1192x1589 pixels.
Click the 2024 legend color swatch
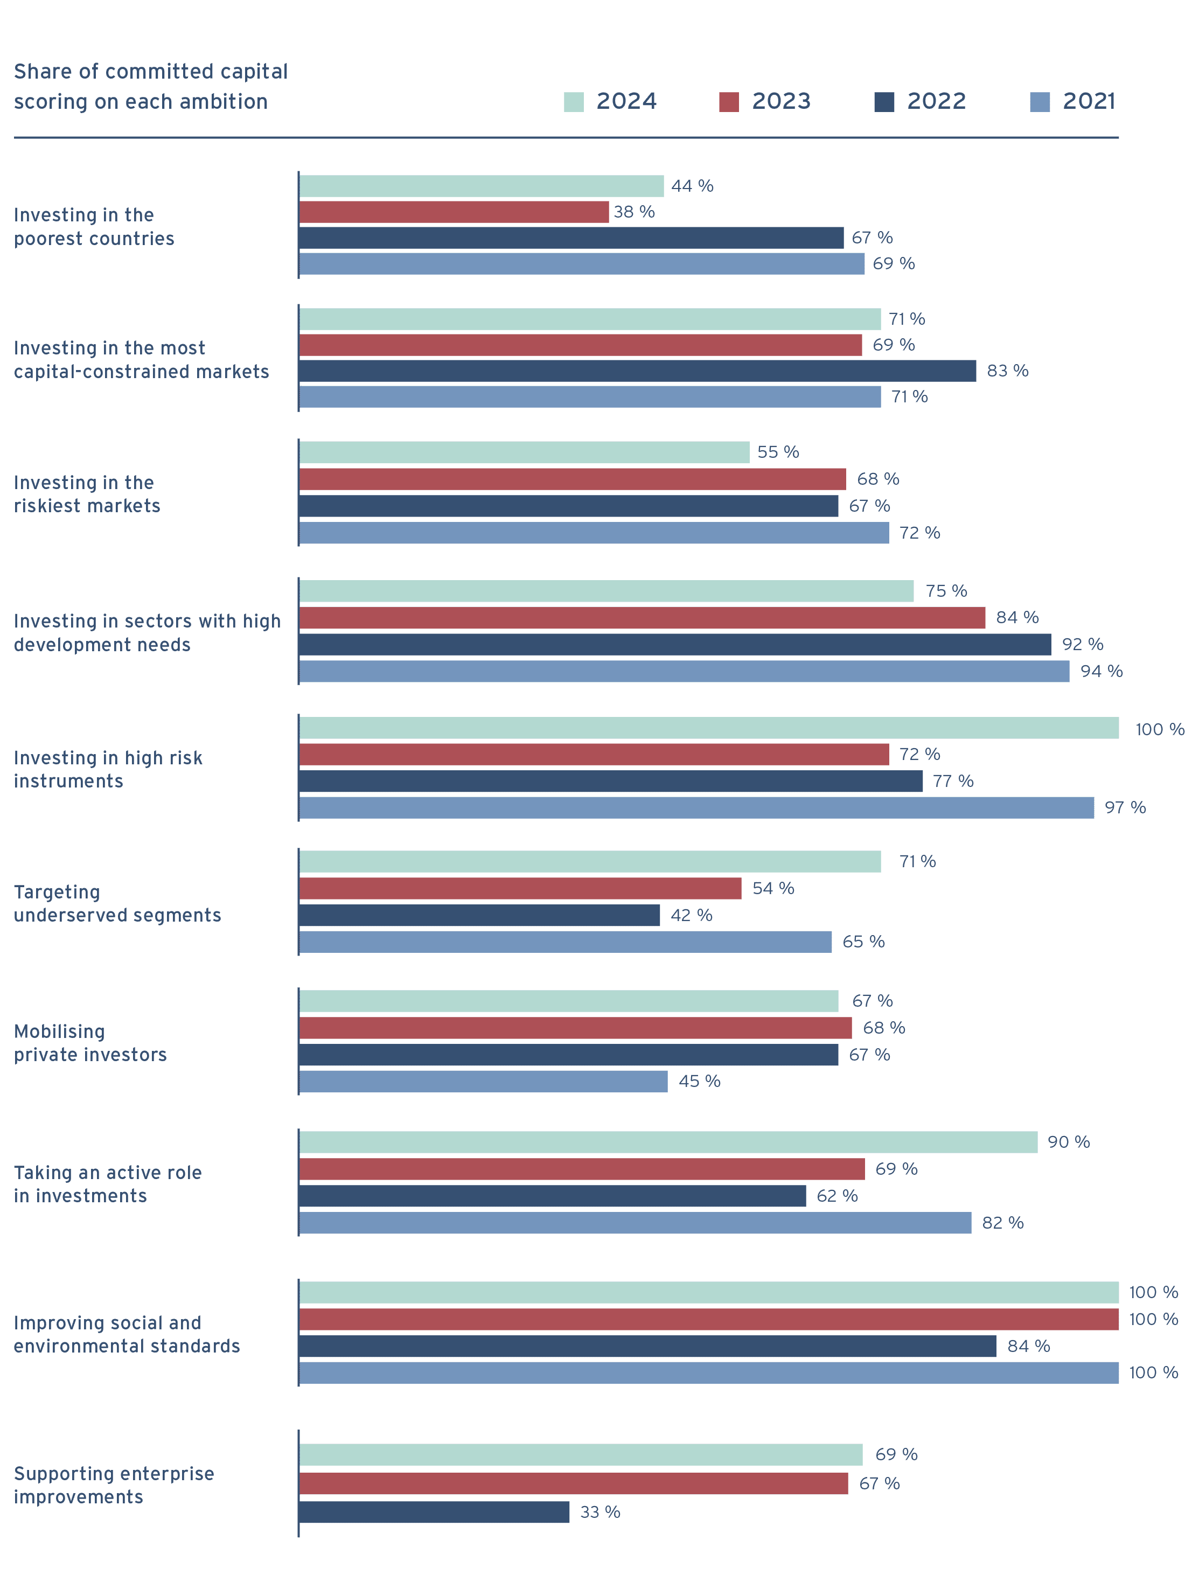573,102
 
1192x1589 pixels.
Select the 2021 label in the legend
1089,101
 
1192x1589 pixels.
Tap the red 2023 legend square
729,102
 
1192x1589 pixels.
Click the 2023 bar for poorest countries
454,212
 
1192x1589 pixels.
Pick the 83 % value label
1007,371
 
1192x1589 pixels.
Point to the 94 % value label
1102,671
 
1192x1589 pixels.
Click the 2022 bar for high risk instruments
611,781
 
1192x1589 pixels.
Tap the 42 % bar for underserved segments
480,915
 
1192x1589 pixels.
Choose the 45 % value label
699,1081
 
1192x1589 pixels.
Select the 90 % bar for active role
668,1142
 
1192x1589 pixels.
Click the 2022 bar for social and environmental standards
648,1346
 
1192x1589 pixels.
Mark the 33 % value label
600,1512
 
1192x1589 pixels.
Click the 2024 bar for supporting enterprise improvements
581,1455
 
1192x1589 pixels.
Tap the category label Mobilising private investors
90,1043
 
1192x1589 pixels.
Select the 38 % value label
634,212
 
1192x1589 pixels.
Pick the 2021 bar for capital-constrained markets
590,396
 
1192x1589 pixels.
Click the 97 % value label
1125,807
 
